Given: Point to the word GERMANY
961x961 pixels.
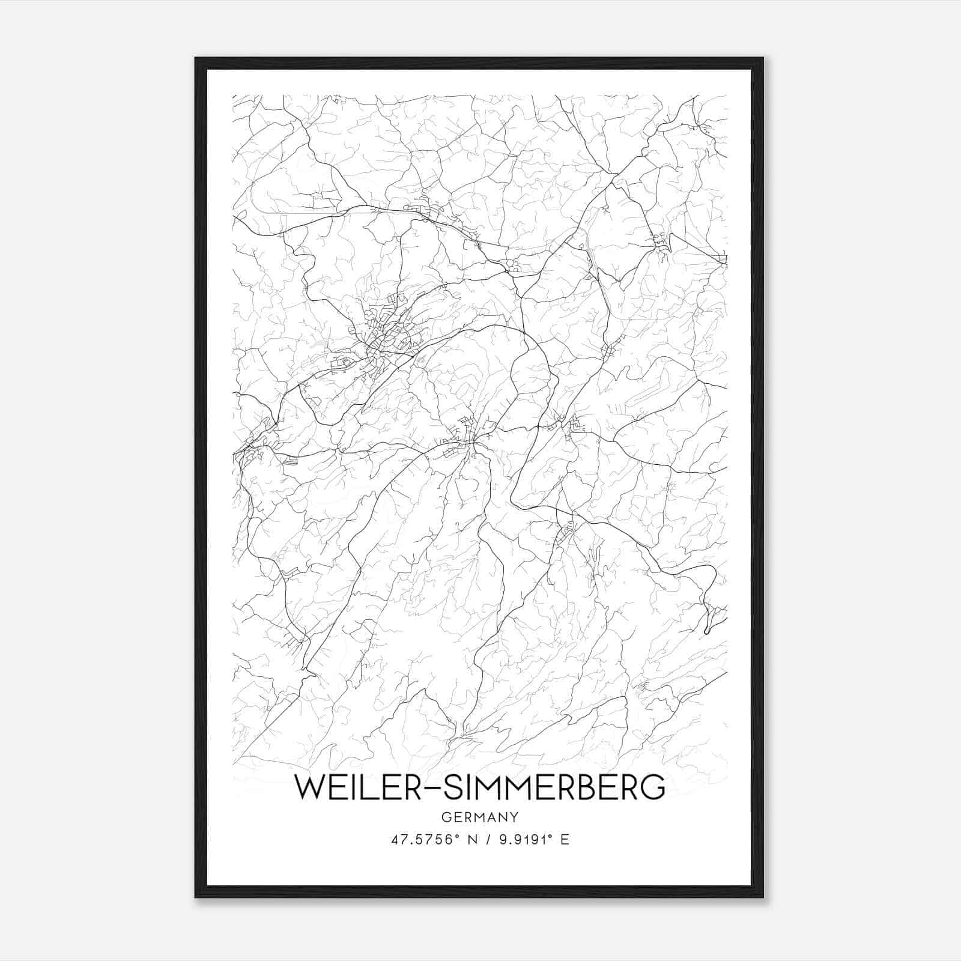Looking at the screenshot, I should (480, 817).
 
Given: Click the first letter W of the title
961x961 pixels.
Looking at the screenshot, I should (308, 787).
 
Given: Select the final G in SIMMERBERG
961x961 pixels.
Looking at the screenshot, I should (654, 787).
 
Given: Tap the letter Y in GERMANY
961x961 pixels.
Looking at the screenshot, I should (515, 817).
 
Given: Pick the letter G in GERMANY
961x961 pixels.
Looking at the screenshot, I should (445, 817).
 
